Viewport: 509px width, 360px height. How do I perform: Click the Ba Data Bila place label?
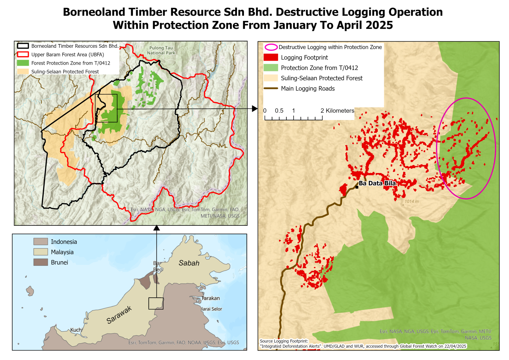click(x=377, y=183)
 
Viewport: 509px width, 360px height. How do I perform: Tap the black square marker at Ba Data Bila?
click(x=357, y=187)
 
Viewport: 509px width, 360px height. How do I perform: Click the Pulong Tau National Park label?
click(x=161, y=50)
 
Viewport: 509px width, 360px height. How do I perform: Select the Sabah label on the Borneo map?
click(x=189, y=263)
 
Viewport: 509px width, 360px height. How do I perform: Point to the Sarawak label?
click(x=119, y=315)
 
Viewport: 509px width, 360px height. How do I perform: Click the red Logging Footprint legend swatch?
click(x=271, y=57)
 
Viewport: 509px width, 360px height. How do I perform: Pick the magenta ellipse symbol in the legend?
click(x=271, y=47)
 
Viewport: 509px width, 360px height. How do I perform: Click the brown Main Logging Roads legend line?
click(x=271, y=89)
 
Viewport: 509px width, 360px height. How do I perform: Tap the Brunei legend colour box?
click(x=41, y=262)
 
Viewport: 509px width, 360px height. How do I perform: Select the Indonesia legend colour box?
click(x=41, y=242)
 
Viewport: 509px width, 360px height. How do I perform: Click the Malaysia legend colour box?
click(x=41, y=252)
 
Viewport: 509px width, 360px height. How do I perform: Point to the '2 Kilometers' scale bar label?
click(x=337, y=111)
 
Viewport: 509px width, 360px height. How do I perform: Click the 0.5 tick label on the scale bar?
click(x=279, y=111)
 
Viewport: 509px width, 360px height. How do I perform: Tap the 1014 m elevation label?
click(x=412, y=202)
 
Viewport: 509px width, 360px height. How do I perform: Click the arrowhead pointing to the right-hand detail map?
click(x=254, y=108)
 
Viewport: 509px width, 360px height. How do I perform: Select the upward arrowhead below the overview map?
click(x=157, y=228)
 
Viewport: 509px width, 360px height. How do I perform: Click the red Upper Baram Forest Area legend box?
click(x=23, y=55)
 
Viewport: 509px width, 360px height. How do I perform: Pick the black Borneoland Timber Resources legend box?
click(x=23, y=46)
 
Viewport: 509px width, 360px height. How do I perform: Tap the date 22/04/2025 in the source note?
click(x=455, y=346)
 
